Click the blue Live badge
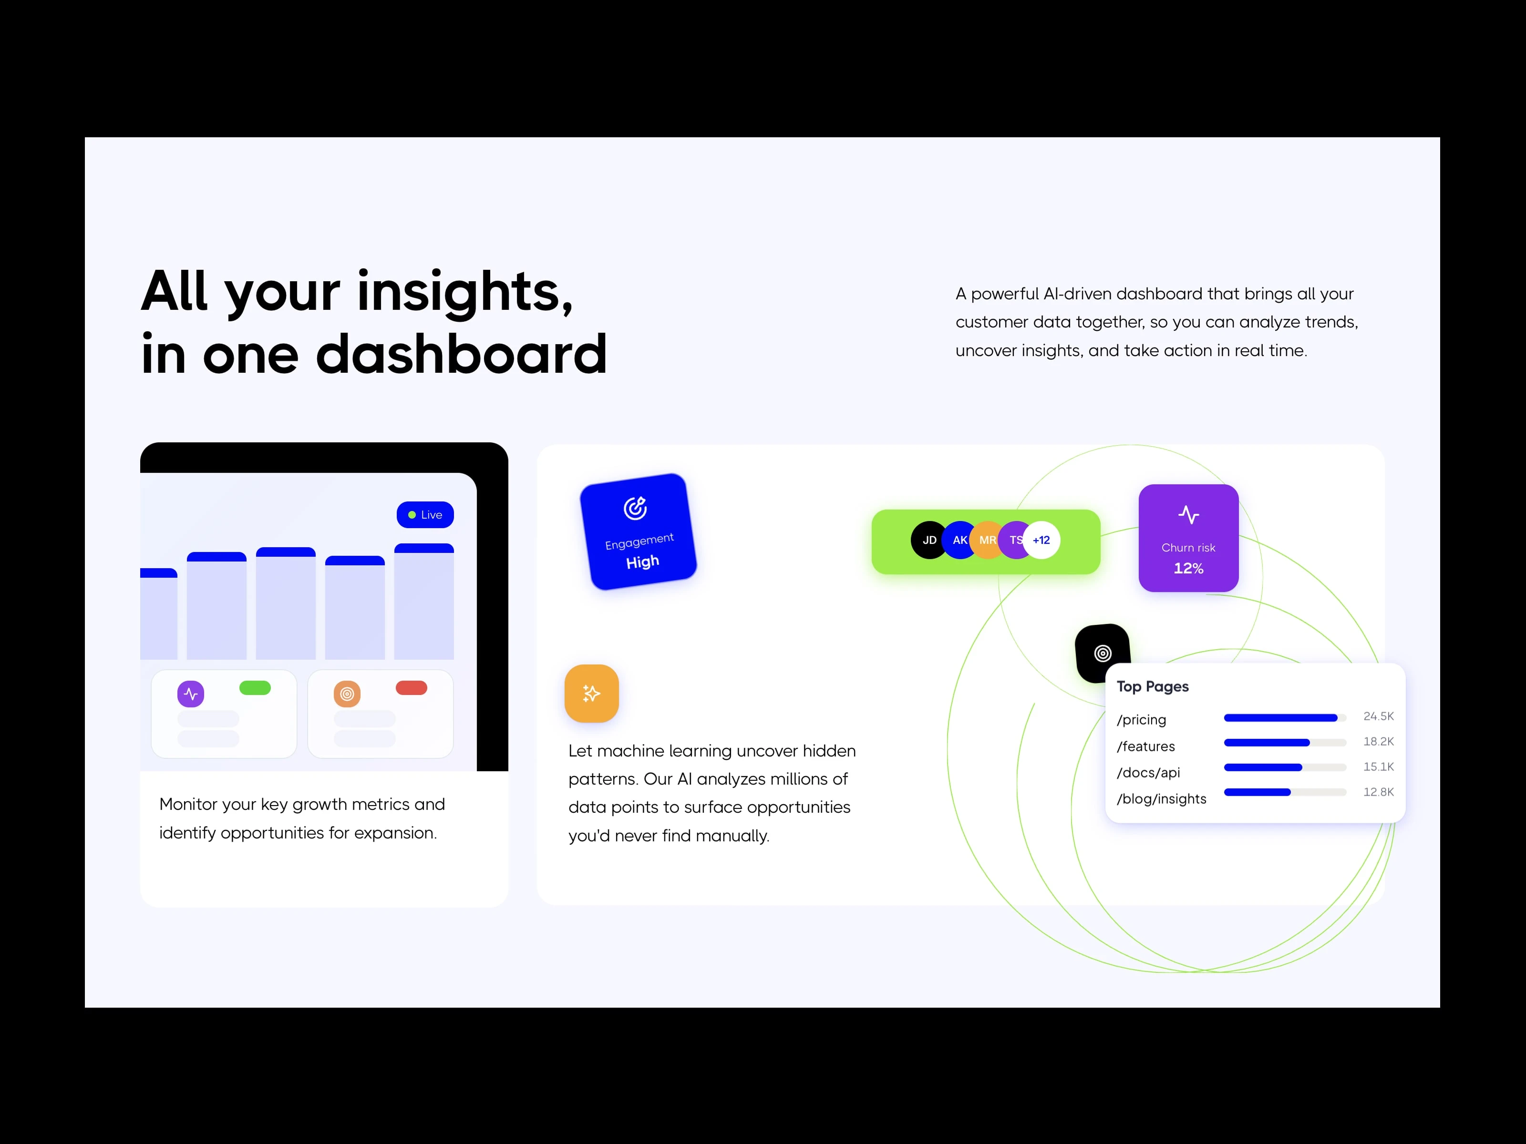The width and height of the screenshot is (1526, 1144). (425, 514)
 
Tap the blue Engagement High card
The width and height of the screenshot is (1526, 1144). (638, 531)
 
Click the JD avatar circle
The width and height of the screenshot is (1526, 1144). (929, 540)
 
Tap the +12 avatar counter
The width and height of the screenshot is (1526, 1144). (1041, 540)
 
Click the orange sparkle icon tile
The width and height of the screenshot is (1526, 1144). (591, 693)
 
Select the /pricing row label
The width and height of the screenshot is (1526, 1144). (1141, 719)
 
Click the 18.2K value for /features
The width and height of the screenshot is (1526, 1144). (1378, 741)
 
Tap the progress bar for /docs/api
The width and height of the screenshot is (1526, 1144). (1285, 767)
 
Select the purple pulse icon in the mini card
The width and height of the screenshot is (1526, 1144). (190, 694)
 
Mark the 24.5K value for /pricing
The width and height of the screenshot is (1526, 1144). (1378, 716)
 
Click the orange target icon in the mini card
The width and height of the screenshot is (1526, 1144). (347, 694)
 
